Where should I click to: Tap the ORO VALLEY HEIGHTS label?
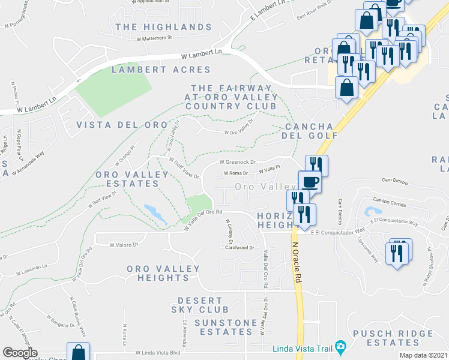point(162,273)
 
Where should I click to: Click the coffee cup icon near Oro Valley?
point(310,182)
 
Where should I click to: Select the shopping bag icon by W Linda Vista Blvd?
point(78,352)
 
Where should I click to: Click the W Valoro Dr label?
point(124,244)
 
